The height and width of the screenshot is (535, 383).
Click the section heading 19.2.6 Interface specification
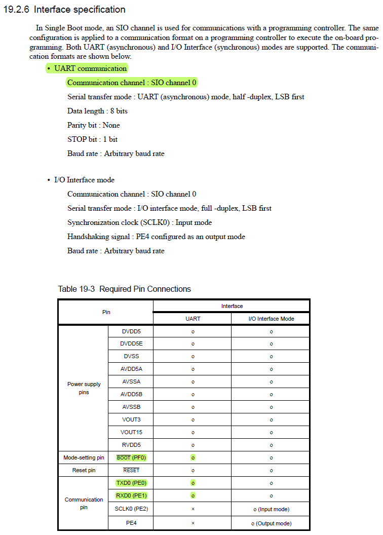[x=64, y=10]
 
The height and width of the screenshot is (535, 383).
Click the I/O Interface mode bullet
[x=84, y=180]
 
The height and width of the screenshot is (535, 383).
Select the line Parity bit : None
[x=94, y=125]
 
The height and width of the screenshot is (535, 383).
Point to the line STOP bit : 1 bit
[x=92, y=139]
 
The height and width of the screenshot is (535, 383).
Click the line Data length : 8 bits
[x=97, y=111]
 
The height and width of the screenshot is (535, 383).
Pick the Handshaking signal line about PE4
[x=156, y=237]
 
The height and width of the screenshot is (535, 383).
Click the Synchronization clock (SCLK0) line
[x=139, y=222]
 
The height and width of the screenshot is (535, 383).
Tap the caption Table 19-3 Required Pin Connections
[x=125, y=289]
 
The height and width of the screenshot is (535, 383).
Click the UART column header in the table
[x=193, y=319]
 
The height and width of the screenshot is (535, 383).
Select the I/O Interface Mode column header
[x=271, y=319]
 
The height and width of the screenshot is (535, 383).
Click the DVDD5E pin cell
[x=131, y=344]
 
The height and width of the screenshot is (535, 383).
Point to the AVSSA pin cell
[x=131, y=381]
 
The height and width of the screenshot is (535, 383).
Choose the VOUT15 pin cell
[x=131, y=432]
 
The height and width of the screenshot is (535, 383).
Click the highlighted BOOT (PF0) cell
[x=131, y=457]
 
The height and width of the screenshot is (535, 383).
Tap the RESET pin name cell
[x=131, y=470]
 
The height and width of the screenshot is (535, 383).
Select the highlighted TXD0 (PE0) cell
[x=131, y=483]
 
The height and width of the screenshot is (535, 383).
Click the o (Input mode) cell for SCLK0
[x=271, y=509]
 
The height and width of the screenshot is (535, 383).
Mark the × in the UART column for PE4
[x=193, y=523]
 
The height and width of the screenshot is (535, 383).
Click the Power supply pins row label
[x=84, y=388]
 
